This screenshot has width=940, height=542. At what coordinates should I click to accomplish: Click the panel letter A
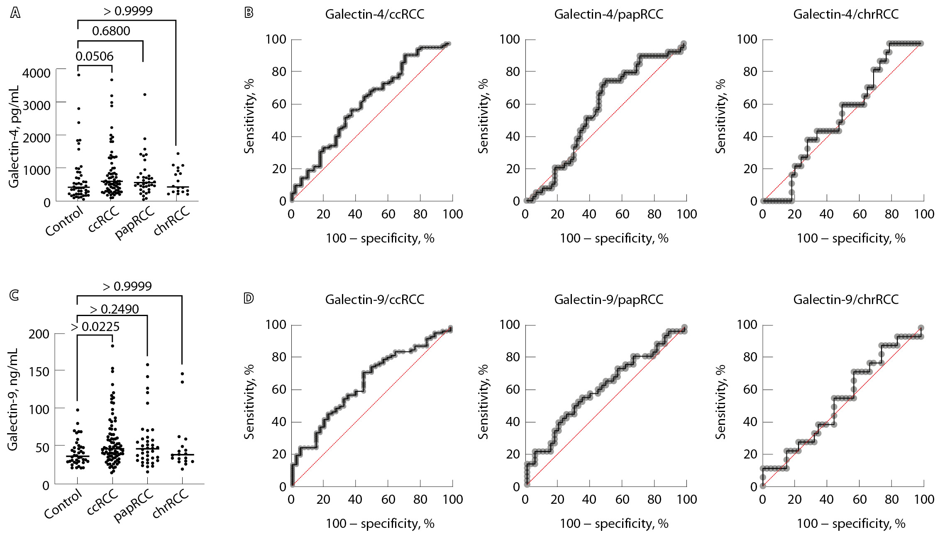point(15,13)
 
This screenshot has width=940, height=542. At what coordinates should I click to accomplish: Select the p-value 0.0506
point(94,56)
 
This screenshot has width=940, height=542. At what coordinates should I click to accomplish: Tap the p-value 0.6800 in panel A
point(111,31)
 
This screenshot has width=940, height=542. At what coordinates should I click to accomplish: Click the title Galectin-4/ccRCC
point(374,14)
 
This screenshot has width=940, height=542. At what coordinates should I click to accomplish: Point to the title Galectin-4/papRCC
point(608,14)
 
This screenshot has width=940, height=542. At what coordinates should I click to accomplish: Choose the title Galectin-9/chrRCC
point(846,299)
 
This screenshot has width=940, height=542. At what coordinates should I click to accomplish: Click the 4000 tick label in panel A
point(37,73)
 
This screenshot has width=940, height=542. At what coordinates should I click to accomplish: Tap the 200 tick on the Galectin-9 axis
point(39,334)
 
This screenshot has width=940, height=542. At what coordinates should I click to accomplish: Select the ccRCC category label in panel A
point(104,220)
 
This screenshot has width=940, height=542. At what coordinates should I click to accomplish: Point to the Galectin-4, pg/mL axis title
point(14,137)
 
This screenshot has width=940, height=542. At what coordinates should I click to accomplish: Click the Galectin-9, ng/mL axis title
point(13,399)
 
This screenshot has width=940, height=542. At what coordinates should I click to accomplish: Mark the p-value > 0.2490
point(114,309)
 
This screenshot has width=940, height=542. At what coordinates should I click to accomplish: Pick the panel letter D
point(249,298)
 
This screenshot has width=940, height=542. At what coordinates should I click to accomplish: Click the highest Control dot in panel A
point(78,75)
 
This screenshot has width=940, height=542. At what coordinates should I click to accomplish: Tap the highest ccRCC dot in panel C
point(112,346)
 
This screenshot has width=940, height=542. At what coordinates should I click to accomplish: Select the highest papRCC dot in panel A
point(145,95)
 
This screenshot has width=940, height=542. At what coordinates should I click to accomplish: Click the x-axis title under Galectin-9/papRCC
point(614,523)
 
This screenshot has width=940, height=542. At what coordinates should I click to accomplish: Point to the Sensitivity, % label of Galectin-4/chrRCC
point(720,116)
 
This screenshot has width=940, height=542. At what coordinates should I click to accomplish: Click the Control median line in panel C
point(78,456)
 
